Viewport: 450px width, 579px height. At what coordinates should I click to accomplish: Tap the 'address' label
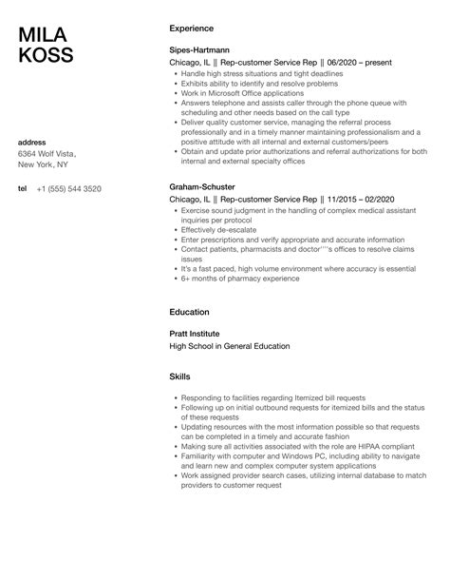click(x=33, y=143)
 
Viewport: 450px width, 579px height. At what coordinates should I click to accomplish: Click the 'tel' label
click(x=23, y=188)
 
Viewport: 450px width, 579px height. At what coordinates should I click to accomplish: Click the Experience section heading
click(x=196, y=29)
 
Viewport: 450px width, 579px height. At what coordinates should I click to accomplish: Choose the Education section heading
click(x=194, y=311)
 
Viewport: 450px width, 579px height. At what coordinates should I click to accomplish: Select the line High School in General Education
click(x=230, y=346)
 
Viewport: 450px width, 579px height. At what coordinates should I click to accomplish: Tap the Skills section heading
click(x=181, y=376)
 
